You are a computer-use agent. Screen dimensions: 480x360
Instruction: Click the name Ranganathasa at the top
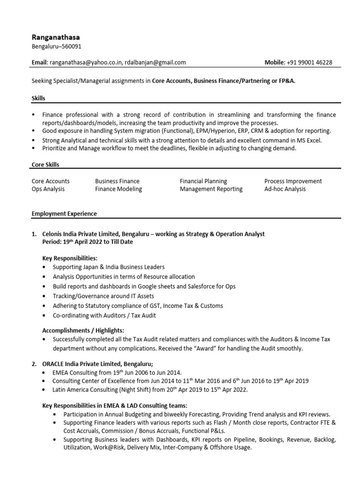(x=55, y=37)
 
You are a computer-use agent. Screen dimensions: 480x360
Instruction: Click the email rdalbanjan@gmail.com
(x=156, y=62)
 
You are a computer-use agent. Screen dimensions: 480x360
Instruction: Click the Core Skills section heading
(x=45, y=165)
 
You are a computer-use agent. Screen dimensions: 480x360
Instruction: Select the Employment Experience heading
(x=64, y=214)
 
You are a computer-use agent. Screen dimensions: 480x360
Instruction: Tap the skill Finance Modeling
(x=118, y=189)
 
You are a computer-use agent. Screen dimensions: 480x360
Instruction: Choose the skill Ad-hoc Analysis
(x=285, y=189)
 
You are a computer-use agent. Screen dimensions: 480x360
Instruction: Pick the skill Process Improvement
(x=293, y=181)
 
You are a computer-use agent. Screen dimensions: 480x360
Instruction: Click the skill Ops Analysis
(x=48, y=189)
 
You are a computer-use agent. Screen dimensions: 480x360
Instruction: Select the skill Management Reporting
(x=211, y=189)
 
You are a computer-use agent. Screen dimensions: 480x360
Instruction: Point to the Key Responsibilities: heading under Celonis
(x=70, y=258)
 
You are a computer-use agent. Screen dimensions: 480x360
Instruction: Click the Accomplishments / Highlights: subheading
(x=83, y=330)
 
